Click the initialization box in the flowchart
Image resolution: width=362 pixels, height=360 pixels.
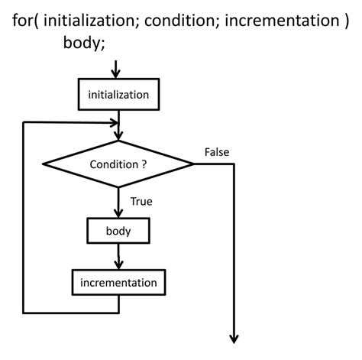point(118,94)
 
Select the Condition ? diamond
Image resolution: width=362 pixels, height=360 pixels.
point(118,164)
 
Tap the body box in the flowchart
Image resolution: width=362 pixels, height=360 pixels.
point(118,229)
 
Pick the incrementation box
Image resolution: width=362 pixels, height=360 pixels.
point(118,282)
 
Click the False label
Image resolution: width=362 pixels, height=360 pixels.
point(217,152)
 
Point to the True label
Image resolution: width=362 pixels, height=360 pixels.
point(142,202)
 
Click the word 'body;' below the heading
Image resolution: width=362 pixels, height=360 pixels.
point(84,43)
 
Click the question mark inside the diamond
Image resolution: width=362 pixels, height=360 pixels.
point(144,164)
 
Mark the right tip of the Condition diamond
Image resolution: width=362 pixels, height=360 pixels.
point(193,164)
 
